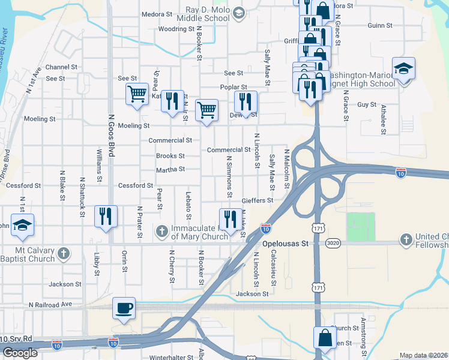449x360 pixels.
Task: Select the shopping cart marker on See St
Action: (137, 94)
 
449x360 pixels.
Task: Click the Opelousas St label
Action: (285, 244)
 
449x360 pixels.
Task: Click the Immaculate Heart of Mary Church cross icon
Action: (161, 231)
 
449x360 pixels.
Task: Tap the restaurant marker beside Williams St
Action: (106, 217)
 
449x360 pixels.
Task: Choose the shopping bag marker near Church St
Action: (325, 338)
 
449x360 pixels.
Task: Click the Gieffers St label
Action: (258, 200)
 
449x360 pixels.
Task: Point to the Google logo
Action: (20, 353)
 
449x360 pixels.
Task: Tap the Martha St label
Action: (170, 170)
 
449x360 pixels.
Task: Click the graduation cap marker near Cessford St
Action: (23, 226)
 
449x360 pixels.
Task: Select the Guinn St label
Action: (380, 26)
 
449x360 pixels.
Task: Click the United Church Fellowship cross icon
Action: (406, 240)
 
